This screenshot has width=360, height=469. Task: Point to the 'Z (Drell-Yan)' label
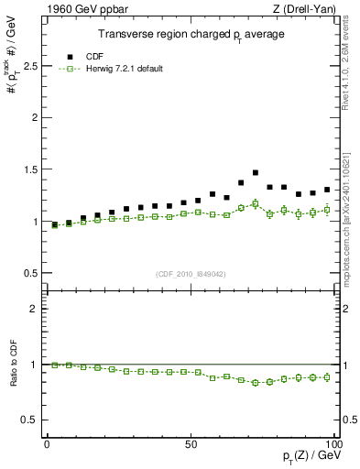[x=309, y=9]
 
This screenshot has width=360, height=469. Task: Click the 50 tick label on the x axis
[x=191, y=444]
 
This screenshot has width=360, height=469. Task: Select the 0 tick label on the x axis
[x=48, y=444]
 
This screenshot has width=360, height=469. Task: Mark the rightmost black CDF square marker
[x=327, y=190]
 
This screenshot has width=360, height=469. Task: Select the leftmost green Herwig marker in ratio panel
[x=54, y=365]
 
